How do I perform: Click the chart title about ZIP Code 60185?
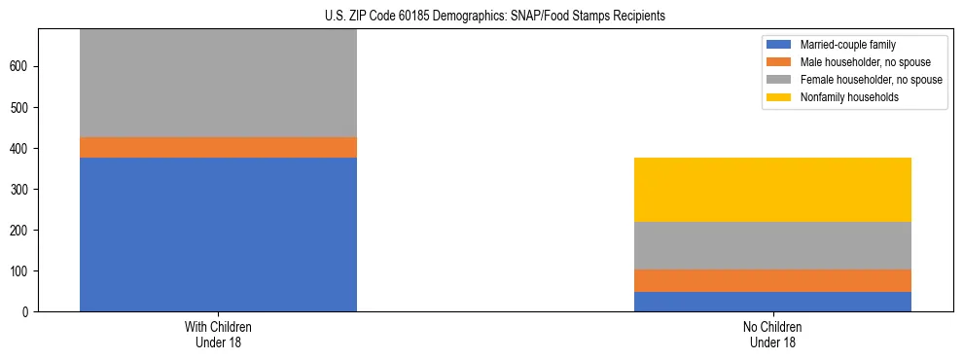[495, 17]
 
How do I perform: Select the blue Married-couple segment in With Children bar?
[218, 234]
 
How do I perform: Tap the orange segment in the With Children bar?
[218, 147]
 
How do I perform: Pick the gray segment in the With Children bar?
[218, 83]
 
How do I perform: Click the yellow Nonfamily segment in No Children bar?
[772, 190]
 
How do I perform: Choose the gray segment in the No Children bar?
[772, 245]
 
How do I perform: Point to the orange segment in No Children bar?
[772, 280]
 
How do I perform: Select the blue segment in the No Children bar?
[772, 302]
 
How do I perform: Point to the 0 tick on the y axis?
[27, 311]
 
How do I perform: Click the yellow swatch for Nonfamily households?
[779, 97]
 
